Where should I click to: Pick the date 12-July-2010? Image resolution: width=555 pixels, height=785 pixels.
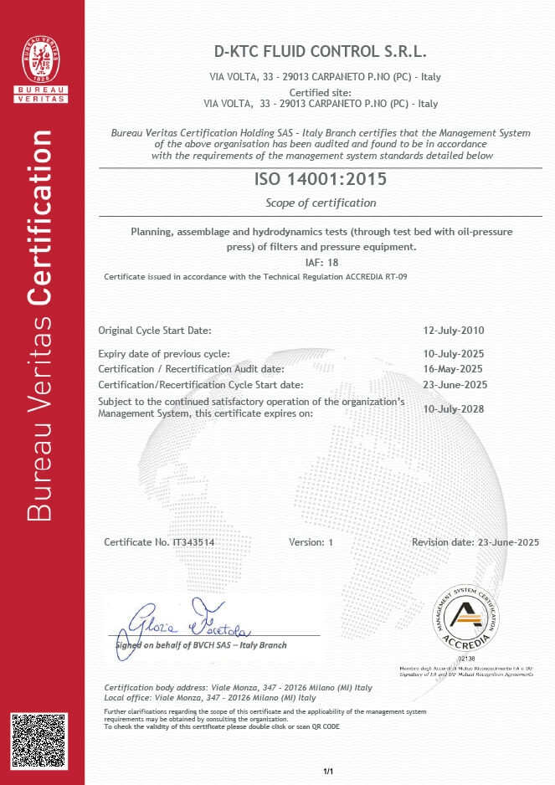(455, 331)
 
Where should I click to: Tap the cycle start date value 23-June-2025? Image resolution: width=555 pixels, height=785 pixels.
(455, 385)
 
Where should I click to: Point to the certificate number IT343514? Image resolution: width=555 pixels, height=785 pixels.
(182, 542)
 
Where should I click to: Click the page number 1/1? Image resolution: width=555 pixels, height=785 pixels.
(328, 771)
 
